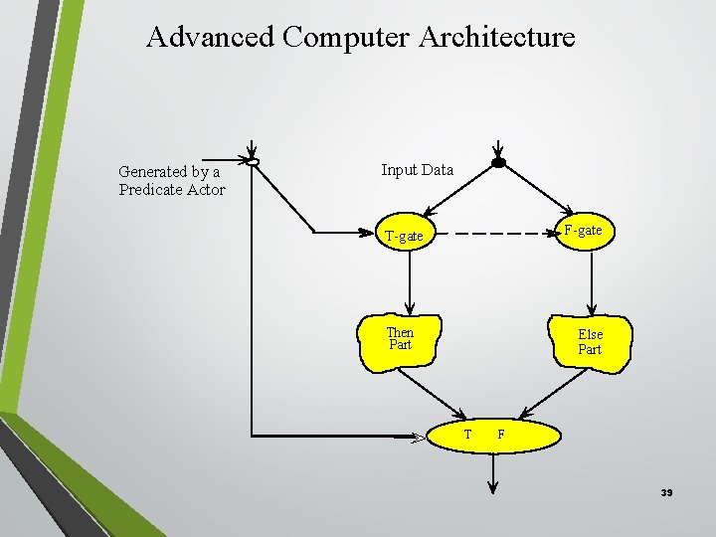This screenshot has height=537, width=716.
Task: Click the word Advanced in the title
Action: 210,37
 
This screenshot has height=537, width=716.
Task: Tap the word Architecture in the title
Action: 497,37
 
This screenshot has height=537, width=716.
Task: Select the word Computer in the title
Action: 345,37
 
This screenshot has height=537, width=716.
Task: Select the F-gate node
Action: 583,231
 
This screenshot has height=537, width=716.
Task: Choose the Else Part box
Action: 591,343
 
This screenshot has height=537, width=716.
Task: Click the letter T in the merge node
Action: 467,435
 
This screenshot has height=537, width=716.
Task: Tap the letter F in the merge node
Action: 501,435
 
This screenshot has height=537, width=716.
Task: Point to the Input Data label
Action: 418,170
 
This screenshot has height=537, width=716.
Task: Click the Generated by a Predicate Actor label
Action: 171,181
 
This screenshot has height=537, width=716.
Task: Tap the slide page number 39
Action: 666,493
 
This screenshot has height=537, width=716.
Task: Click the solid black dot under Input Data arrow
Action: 499,162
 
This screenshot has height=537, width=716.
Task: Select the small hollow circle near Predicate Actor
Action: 254,162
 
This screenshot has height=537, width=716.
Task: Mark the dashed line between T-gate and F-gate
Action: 493,233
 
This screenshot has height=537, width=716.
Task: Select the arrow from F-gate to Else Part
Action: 591,283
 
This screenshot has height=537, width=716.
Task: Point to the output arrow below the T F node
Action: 492,472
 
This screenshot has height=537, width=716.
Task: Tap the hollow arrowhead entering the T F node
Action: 419,436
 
